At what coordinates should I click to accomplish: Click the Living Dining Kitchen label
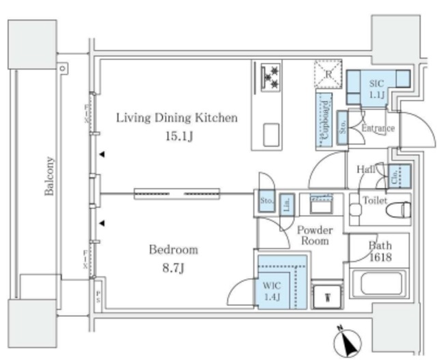click(176, 118)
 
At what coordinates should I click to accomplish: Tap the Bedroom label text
click(174, 249)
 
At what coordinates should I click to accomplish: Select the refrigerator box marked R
click(326, 74)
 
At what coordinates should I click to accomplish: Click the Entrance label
click(378, 128)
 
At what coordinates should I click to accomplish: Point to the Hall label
click(364, 169)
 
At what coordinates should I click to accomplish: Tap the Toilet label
click(374, 201)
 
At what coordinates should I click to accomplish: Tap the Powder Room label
click(314, 236)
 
